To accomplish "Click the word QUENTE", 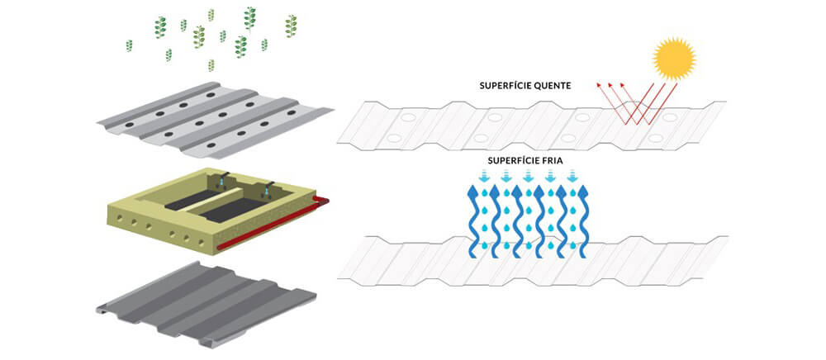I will (560, 85).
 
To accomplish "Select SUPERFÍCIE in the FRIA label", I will (504, 161).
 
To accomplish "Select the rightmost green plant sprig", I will (291, 26).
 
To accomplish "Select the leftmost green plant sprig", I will (129, 45).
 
